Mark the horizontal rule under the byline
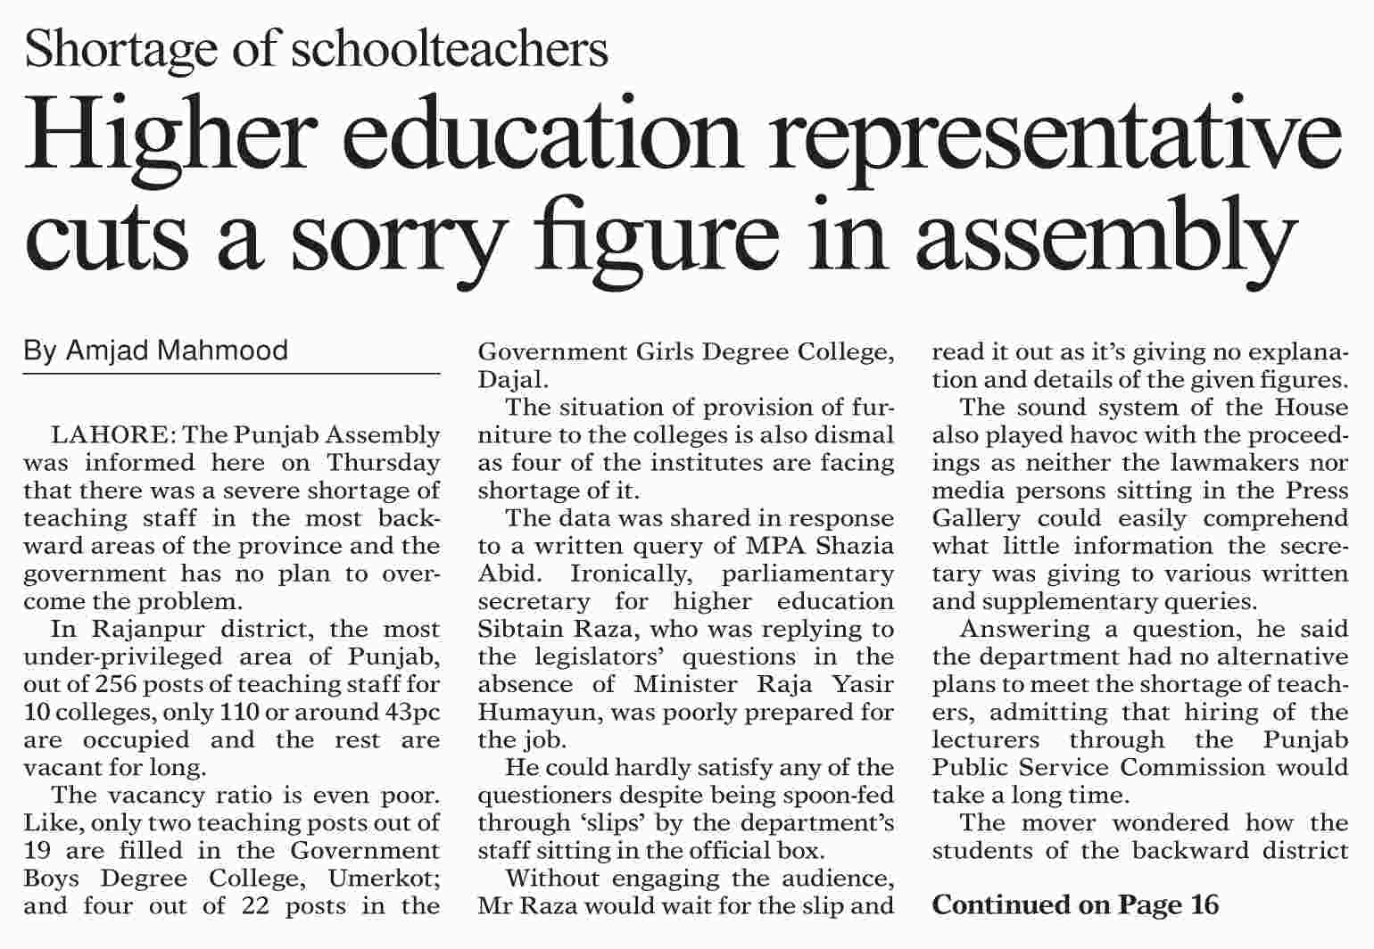coord(231,374)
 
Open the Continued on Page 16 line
coord(1075,905)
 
